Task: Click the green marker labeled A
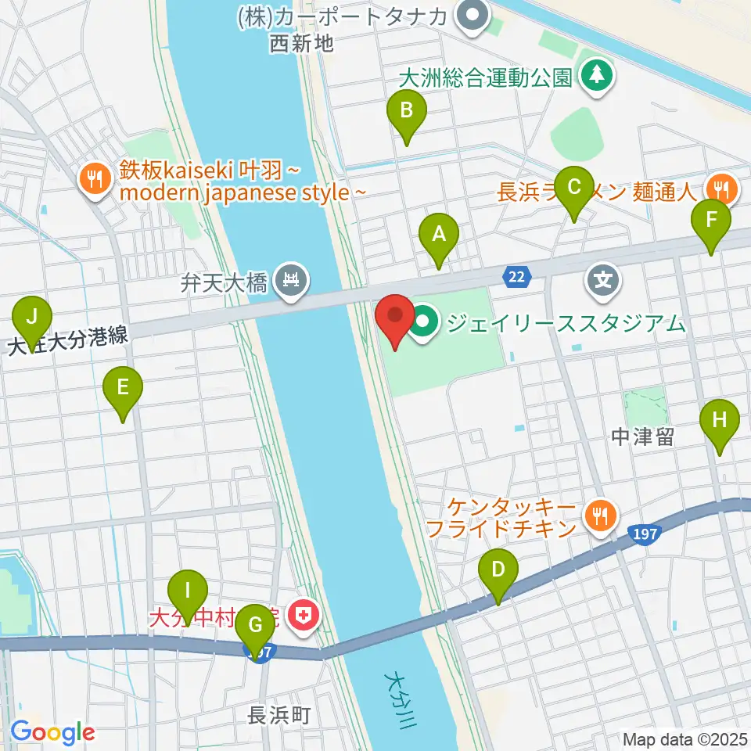pos(438,235)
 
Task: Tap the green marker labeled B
pos(406,111)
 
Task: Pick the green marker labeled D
pos(498,570)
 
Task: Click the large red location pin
pos(395,317)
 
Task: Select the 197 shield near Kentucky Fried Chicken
pos(641,534)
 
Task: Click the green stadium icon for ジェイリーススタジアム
pos(424,322)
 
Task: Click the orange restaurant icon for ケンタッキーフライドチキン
pos(601,514)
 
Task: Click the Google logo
pos(52,732)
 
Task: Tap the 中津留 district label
pos(643,438)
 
